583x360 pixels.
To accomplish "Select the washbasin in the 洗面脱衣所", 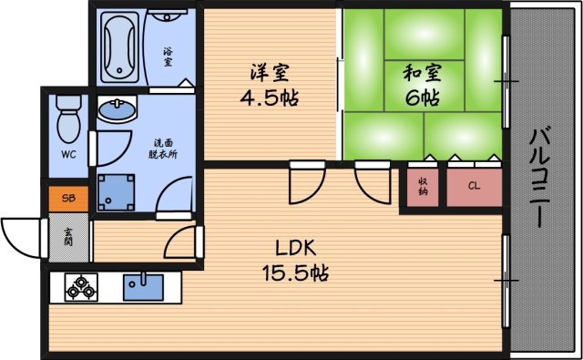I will pos(116,112).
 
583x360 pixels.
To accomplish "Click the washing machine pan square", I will pos(116,191).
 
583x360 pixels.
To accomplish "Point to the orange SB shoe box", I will pos(69,197).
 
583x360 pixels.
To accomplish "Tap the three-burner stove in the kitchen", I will pos(80,287).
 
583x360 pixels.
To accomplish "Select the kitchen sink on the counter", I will pos(142,286).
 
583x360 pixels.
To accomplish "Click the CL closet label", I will pos(474,187).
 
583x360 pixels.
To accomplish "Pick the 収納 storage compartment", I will pos(422,188).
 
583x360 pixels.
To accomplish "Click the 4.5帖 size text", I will pos(272,98).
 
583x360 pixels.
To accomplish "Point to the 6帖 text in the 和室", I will pos(421,98).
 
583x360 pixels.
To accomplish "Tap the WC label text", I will pos(68,154).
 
